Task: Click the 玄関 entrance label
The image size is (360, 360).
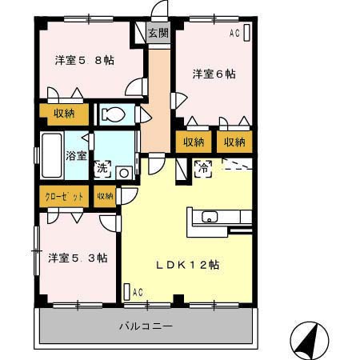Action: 158,33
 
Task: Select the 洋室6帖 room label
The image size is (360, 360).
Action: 213,74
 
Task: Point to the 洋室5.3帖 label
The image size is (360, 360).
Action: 78,258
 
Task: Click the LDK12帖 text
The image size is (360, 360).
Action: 187,264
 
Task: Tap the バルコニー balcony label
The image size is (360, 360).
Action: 146,326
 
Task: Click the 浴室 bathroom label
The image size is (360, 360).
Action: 76,155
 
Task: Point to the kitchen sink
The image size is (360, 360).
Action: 210,218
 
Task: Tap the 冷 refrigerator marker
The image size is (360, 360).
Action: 203,169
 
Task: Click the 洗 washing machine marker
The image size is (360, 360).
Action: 102,169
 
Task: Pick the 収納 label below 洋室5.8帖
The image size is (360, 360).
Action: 65,114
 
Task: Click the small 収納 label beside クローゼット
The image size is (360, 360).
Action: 104,195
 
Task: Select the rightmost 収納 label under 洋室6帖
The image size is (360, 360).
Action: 234,142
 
